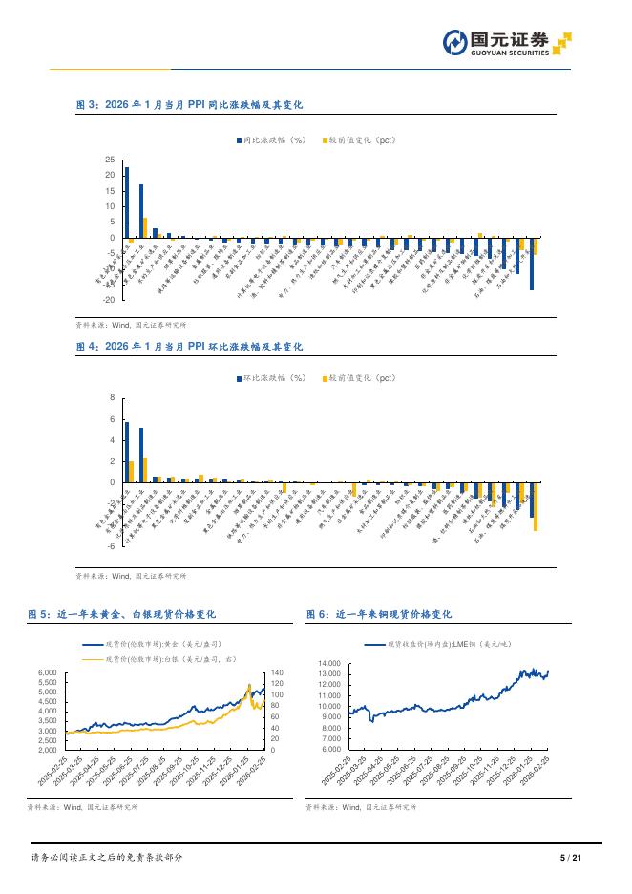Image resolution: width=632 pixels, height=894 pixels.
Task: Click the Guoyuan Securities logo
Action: [x=507, y=43]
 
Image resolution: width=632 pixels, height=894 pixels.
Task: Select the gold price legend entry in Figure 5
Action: [x=162, y=646]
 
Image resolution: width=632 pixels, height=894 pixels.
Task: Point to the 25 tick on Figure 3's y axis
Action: [x=111, y=160]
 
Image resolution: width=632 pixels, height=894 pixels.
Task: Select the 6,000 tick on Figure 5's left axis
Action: [x=48, y=673]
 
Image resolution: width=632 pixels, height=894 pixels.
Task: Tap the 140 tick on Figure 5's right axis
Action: [x=278, y=673]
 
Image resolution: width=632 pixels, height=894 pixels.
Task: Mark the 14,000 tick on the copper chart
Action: [x=328, y=663]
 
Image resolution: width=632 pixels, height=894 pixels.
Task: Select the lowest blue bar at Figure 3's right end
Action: [x=532, y=264]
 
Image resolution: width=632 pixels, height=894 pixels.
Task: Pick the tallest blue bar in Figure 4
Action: [x=127, y=452]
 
